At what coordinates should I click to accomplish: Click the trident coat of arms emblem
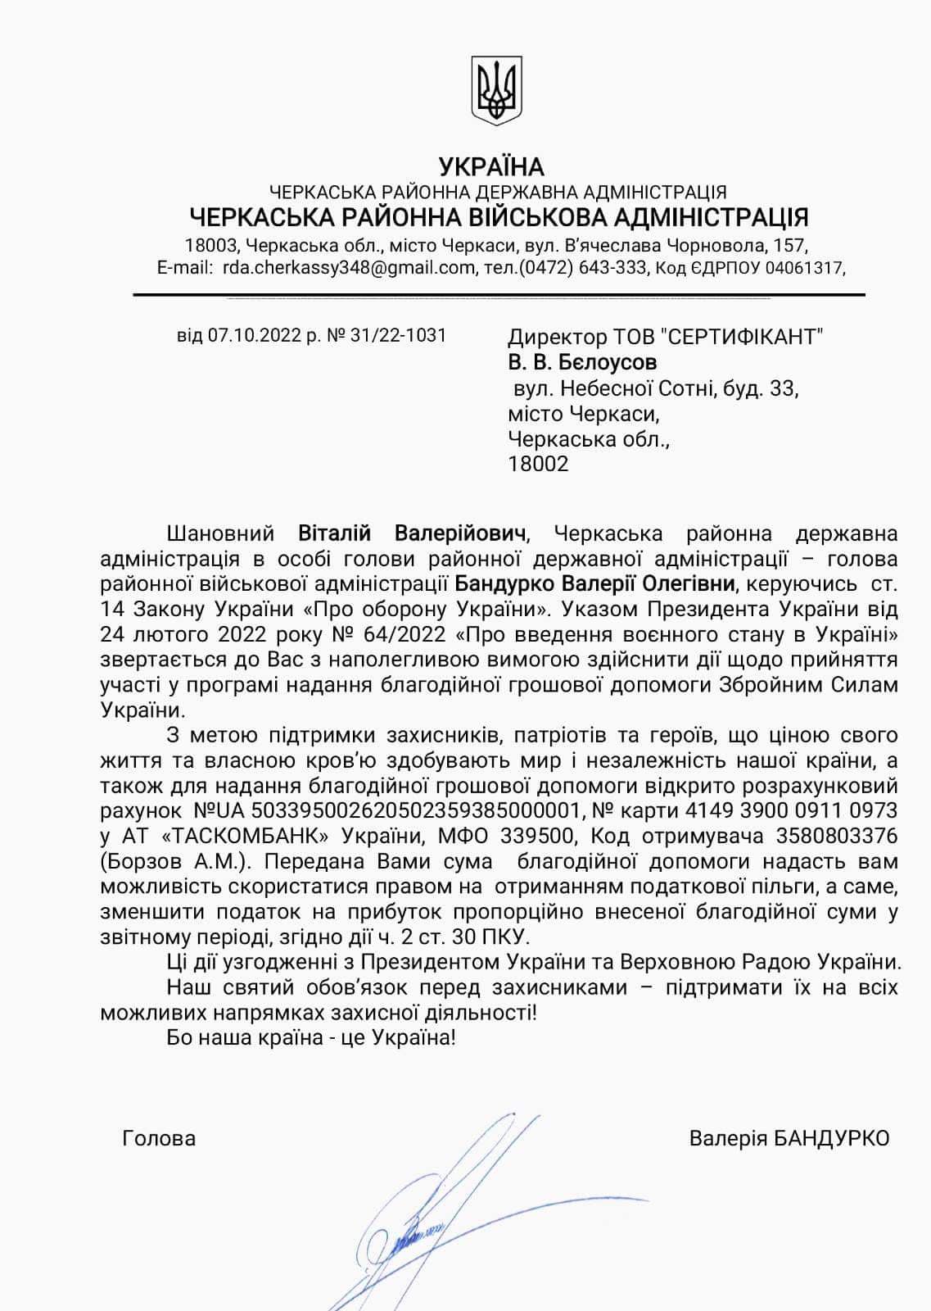(x=498, y=89)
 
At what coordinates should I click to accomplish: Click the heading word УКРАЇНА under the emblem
(x=491, y=167)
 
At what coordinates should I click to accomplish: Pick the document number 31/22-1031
(x=398, y=335)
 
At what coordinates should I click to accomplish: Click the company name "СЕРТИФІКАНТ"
(x=742, y=337)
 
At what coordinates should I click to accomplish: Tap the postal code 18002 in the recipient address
(x=538, y=464)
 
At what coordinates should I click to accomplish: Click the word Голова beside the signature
(x=159, y=1138)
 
